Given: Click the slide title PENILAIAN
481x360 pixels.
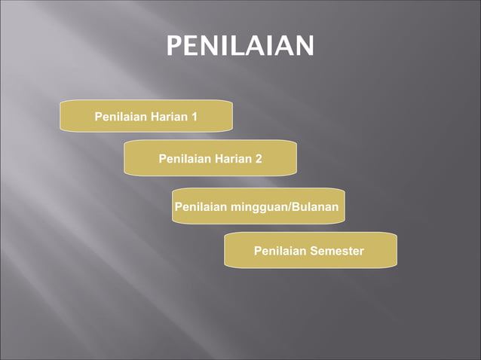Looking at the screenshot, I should (x=240, y=46).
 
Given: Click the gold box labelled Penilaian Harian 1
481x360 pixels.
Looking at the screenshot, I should (x=146, y=116).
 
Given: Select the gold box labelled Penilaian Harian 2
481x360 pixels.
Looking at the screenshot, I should (x=210, y=158).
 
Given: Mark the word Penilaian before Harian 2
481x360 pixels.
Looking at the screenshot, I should (x=185, y=158).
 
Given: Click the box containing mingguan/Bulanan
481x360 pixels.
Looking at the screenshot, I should (x=258, y=206).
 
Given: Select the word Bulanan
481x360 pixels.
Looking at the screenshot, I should (x=317, y=206).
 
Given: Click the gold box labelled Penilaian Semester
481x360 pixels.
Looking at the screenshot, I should (x=310, y=250).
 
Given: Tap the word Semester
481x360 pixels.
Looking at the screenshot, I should (x=336, y=250).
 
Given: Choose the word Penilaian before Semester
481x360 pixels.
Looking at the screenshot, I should (x=280, y=250).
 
